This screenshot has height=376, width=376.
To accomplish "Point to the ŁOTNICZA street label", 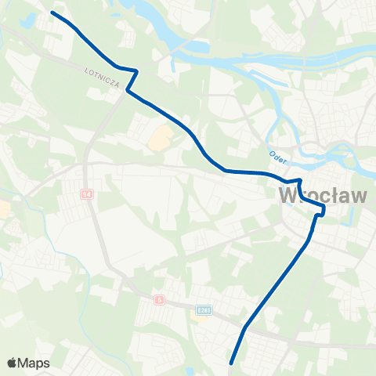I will tap(102, 78).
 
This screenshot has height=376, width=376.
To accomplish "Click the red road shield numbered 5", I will tap(159, 299).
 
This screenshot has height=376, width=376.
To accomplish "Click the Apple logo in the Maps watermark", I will tap(12, 363).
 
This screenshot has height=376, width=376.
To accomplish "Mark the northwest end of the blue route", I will tap(52, 13).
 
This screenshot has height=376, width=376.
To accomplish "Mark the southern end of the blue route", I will tap(232, 363).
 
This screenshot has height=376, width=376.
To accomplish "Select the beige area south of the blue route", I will tap(159, 139).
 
